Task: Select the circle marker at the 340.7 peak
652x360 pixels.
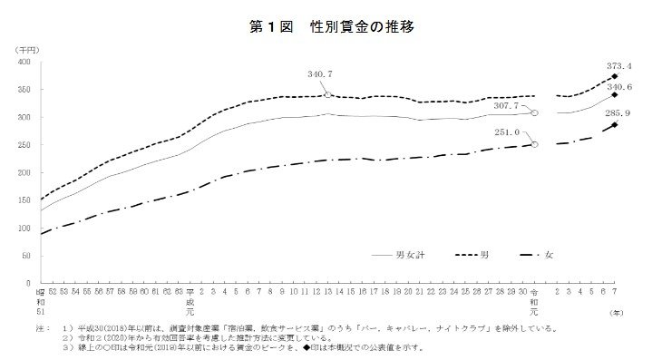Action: coord(327,93)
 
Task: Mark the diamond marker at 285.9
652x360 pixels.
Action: coord(615,124)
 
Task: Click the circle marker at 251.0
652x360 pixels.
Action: coord(535,144)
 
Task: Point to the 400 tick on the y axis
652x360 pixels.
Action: coord(24,63)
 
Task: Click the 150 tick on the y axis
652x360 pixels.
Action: coord(24,200)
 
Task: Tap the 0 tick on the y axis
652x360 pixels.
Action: coord(29,283)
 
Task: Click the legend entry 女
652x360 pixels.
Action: coord(549,257)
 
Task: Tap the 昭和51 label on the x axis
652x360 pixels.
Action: coord(40,299)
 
